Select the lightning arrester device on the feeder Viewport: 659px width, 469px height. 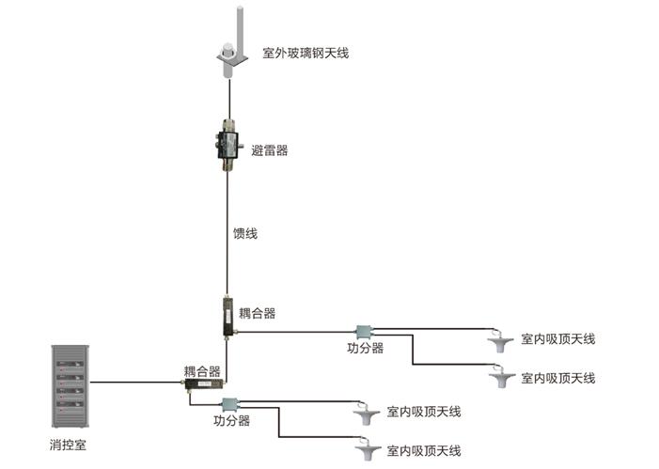tap(227, 145)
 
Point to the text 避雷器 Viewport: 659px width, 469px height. tap(270, 150)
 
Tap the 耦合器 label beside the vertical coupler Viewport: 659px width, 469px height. tap(258, 313)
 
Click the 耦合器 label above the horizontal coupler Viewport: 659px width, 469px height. tap(201, 371)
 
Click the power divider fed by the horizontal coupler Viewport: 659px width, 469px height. tap(231, 404)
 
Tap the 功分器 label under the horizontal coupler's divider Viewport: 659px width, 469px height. tap(231, 420)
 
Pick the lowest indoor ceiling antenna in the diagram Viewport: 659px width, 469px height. tap(367, 452)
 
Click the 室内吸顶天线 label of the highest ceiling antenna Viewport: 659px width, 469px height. tap(557, 338)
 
